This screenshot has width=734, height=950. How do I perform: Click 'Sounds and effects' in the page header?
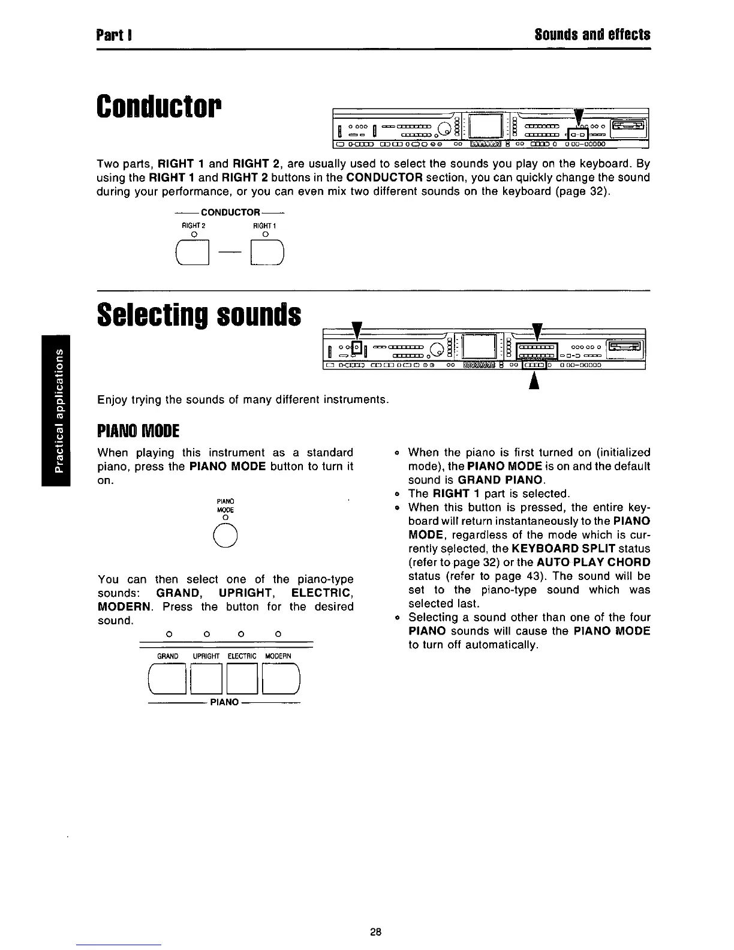click(592, 34)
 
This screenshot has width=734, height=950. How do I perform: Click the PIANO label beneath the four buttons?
click(224, 702)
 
